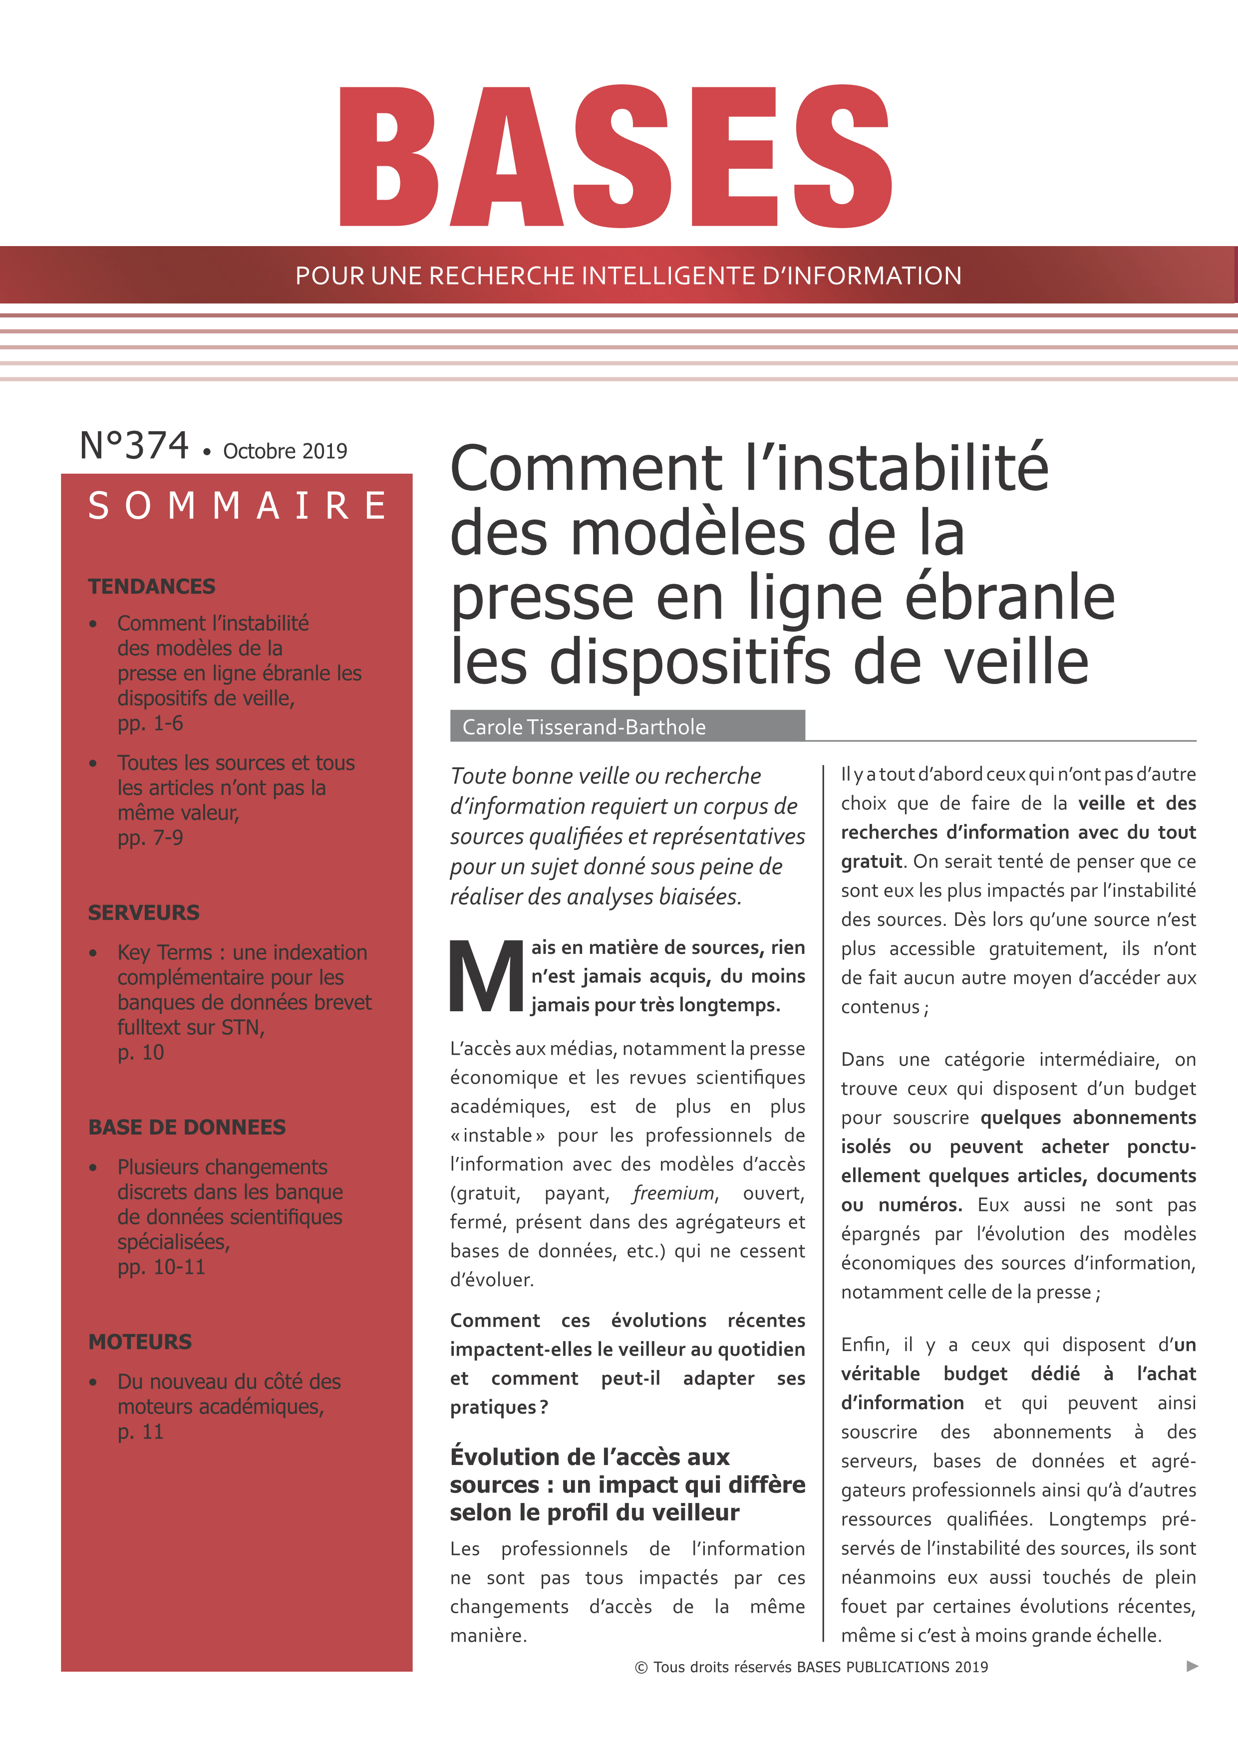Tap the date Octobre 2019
click(x=285, y=452)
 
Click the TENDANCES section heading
click(x=152, y=586)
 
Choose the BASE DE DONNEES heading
click(x=187, y=1127)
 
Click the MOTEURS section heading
click(x=140, y=1342)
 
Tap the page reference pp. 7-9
click(x=150, y=838)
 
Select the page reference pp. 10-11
click(x=161, y=1267)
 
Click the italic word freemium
click(x=673, y=1193)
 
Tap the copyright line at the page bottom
click(x=811, y=1667)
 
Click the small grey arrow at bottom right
click(x=1192, y=1666)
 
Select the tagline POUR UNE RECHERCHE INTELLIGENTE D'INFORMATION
click(x=628, y=276)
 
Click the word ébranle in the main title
click(x=1009, y=597)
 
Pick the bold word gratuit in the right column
click(x=871, y=862)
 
